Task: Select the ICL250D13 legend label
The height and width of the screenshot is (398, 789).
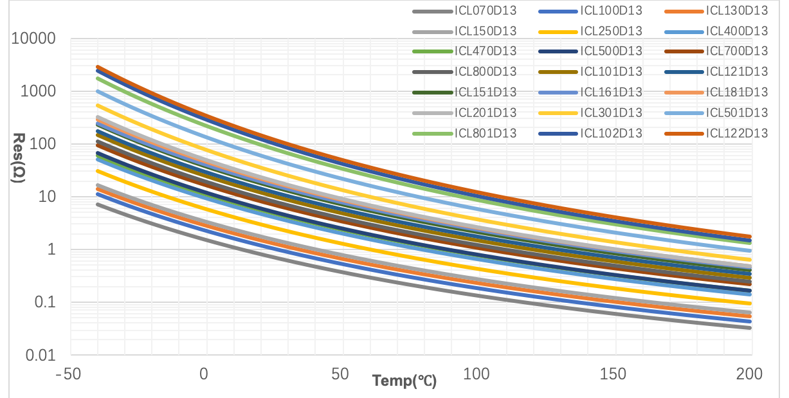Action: pyautogui.click(x=611, y=31)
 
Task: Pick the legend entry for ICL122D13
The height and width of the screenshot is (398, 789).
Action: pyautogui.click(x=737, y=134)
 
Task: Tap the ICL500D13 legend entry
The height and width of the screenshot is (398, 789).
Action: pyautogui.click(x=611, y=51)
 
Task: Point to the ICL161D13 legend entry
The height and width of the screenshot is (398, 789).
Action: pyautogui.click(x=611, y=93)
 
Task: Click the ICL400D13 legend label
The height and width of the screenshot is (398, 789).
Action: pyautogui.click(x=737, y=31)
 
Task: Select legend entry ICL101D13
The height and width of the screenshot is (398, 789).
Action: pyautogui.click(x=611, y=72)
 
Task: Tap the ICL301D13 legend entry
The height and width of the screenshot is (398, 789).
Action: pyautogui.click(x=611, y=113)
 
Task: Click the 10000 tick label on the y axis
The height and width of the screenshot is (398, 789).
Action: pyautogui.click(x=38, y=39)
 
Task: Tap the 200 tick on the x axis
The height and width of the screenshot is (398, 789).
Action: pyautogui.click(x=750, y=374)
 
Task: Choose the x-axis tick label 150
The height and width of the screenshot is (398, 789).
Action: pyautogui.click(x=615, y=374)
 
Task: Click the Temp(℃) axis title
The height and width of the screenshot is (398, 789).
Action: pyautogui.click(x=404, y=381)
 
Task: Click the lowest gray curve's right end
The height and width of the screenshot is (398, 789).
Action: pyautogui.click(x=750, y=328)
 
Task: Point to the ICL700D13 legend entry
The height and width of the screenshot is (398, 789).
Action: pyautogui.click(x=737, y=51)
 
